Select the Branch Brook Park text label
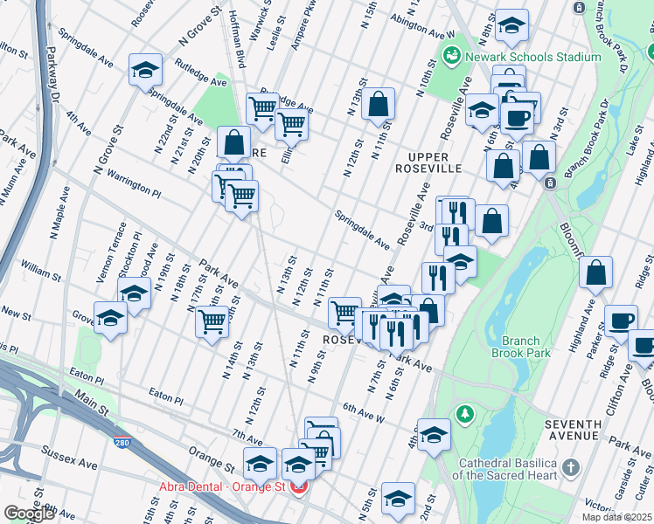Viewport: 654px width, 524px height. [x=539, y=347]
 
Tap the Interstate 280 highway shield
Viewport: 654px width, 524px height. [x=120, y=444]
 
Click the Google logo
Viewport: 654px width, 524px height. [x=29, y=514]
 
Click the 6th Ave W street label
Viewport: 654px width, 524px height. [x=364, y=412]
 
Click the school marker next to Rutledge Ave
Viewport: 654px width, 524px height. [x=145, y=72]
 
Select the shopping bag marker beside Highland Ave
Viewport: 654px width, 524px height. [x=595, y=274]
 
